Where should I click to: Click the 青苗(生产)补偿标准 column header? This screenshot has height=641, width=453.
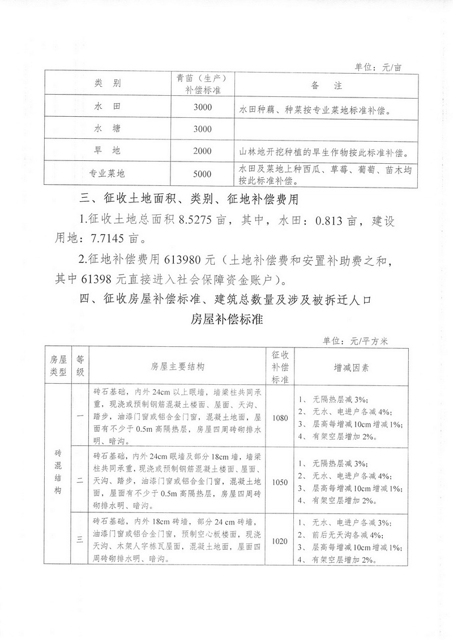pos(202,85)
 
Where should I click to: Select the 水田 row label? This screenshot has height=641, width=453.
pos(107,107)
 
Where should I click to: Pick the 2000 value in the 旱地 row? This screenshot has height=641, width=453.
pos(202,151)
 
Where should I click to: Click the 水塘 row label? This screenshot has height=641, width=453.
pos(107,129)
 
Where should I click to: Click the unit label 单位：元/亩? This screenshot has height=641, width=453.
pos(378,67)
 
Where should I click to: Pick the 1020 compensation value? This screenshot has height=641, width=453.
pos(280,541)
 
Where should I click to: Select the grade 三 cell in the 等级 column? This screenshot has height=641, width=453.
pos(80,541)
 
